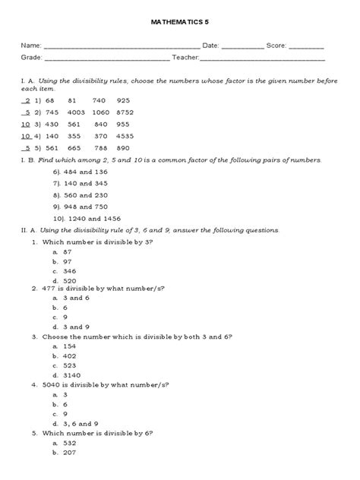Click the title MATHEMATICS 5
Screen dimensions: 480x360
click(179, 24)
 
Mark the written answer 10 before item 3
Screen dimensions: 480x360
click(26, 124)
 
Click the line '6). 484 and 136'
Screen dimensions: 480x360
click(81, 172)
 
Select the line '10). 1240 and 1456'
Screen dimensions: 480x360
click(87, 218)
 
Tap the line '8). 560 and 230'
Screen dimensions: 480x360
click(81, 195)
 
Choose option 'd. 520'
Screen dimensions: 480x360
click(65, 279)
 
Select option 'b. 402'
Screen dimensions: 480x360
click(65, 355)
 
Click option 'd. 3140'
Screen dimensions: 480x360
click(67, 374)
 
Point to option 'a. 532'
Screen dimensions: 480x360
click(65, 442)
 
